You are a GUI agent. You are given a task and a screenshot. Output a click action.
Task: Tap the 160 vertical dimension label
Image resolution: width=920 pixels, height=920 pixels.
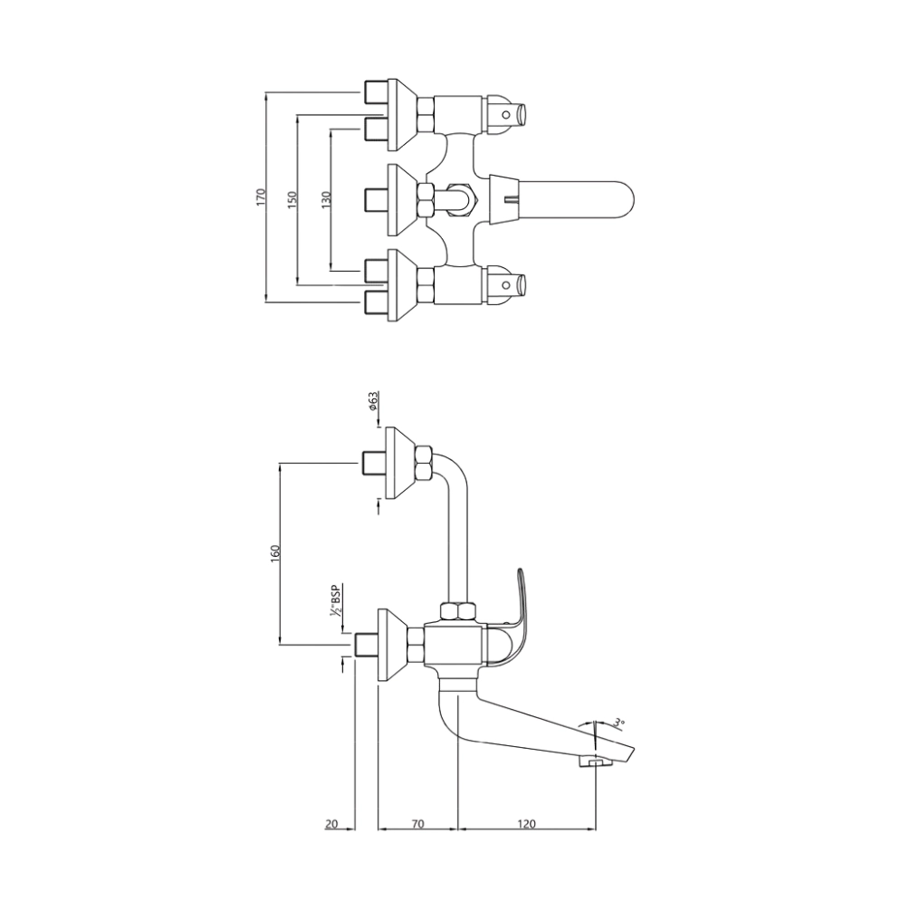point(275,553)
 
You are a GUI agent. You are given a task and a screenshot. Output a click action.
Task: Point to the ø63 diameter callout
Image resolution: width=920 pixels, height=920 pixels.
point(373,402)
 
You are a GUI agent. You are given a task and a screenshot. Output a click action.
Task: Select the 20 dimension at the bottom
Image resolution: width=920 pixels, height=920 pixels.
point(331,823)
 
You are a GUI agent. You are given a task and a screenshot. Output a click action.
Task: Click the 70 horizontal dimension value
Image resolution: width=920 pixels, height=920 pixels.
point(417,823)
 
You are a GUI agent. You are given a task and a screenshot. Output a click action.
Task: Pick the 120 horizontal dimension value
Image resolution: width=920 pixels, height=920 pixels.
point(527,823)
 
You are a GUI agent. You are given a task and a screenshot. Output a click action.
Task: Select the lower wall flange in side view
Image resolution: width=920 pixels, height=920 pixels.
point(395,645)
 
